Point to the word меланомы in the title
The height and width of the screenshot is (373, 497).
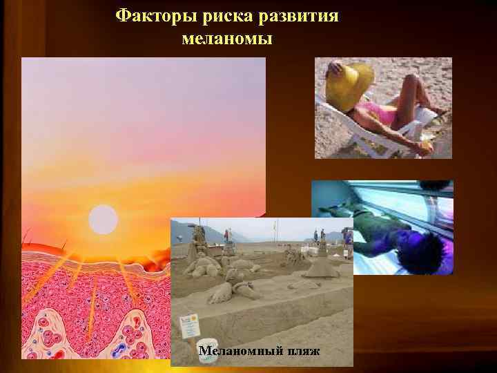(x=227, y=39)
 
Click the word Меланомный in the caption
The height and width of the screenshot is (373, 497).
(x=239, y=352)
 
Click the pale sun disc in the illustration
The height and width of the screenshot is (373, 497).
(x=104, y=219)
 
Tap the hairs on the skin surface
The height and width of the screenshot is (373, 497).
(x=41, y=242)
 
